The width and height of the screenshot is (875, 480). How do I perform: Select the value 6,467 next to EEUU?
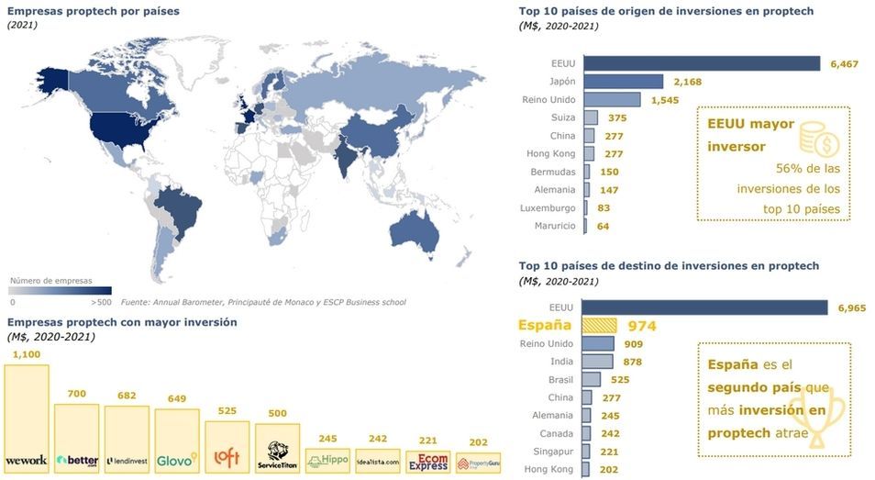[845, 63]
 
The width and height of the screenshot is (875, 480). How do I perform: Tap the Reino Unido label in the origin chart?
[548, 100]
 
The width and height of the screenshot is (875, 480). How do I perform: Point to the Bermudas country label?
[553, 172]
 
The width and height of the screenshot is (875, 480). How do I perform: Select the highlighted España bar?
[599, 326]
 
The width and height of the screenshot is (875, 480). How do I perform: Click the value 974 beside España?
[641, 326]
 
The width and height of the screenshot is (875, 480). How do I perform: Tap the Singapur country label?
[552, 451]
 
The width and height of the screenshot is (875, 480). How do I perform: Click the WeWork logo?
[26, 460]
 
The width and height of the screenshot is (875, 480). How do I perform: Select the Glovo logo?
[176, 459]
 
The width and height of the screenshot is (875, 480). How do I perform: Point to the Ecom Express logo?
[426, 461]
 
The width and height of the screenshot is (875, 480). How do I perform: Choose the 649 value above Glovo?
[176, 398]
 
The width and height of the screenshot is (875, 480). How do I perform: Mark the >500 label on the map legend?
[101, 300]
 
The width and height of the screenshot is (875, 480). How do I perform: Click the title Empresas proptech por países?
[93, 12]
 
